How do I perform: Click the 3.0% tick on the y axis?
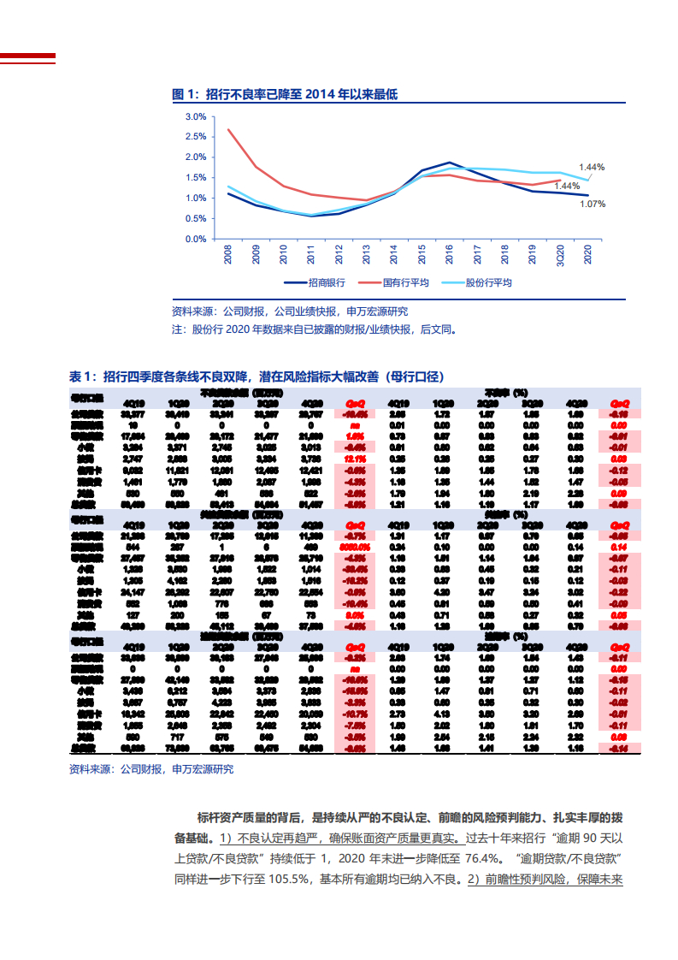coord(195,116)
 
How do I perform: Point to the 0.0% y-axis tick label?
coord(195,239)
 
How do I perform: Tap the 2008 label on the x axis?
coord(228,255)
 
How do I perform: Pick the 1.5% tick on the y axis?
coord(195,177)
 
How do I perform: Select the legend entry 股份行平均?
coord(488,282)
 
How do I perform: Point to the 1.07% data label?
coord(593,204)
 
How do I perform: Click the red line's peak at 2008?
coord(228,129)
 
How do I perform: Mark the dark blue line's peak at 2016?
coord(450,162)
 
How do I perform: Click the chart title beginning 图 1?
coord(285,95)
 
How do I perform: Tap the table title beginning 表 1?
coord(256,376)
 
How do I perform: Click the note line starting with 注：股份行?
coord(315,328)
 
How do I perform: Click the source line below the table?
coord(150,769)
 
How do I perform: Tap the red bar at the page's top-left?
coord(27,58)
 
